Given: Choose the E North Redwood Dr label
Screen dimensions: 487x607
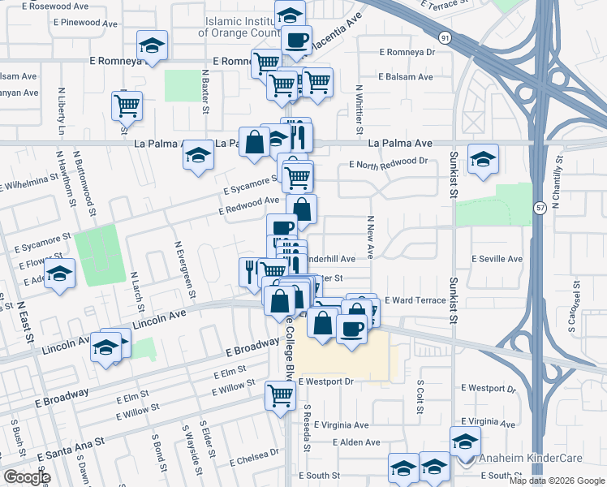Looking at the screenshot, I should coord(388,162).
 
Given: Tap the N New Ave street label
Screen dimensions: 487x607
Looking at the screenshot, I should coord(369,236).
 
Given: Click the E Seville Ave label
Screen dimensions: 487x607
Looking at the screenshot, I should coord(497,259).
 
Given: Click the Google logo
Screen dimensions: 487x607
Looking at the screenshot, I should coord(27,477).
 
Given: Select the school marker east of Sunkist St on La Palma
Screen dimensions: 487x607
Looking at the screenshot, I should coord(484,159).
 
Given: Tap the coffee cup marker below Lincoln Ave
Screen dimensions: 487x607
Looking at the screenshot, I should coord(351,329).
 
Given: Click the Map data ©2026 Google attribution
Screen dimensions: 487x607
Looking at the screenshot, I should coord(556,481).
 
